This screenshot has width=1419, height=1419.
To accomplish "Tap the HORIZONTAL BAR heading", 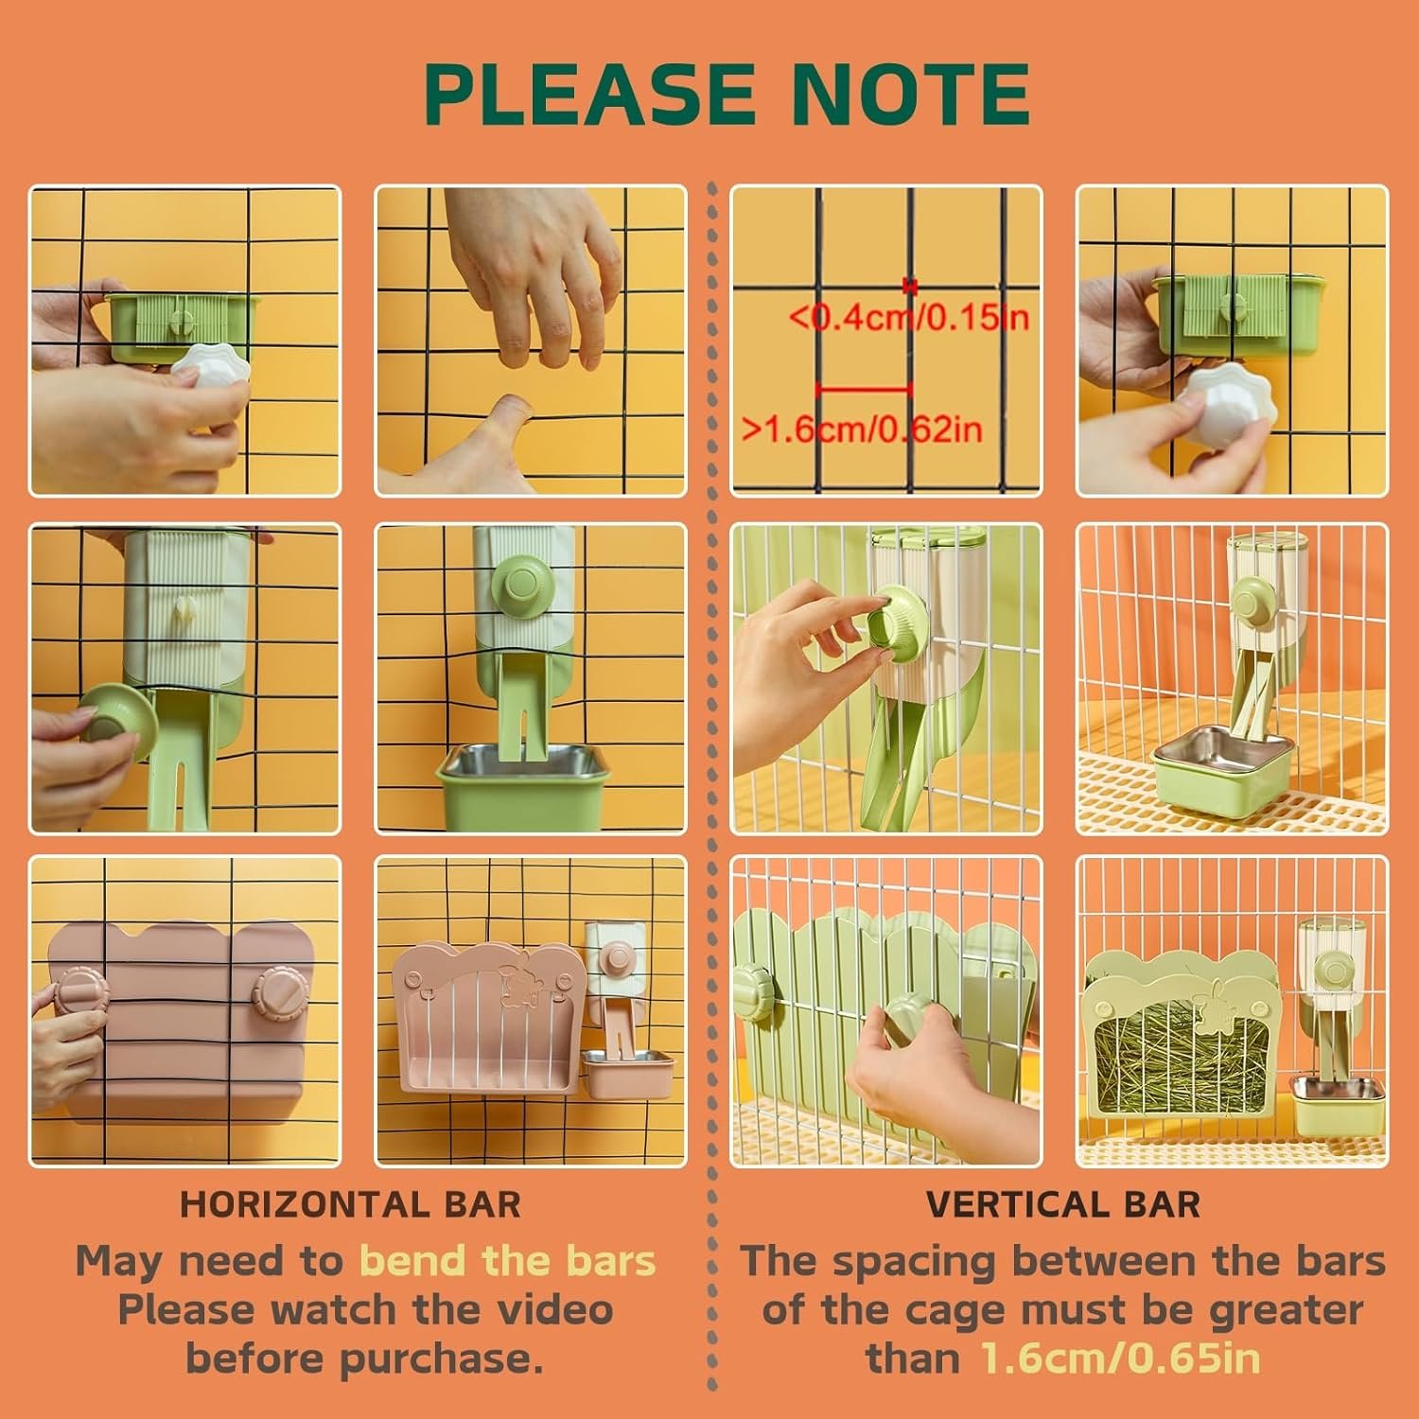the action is pyautogui.click(x=350, y=1204).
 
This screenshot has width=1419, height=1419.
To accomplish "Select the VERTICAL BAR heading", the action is pyautogui.click(x=1063, y=1204).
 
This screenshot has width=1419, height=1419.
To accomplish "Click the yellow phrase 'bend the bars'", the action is pyautogui.click(x=508, y=1261).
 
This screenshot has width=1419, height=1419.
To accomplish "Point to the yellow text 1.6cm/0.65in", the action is pyautogui.click(x=1121, y=1358).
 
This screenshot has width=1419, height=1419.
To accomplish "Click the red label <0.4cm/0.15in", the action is pyautogui.click(x=909, y=317).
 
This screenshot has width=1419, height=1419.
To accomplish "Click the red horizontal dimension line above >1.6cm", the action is pyautogui.click(x=864, y=388).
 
